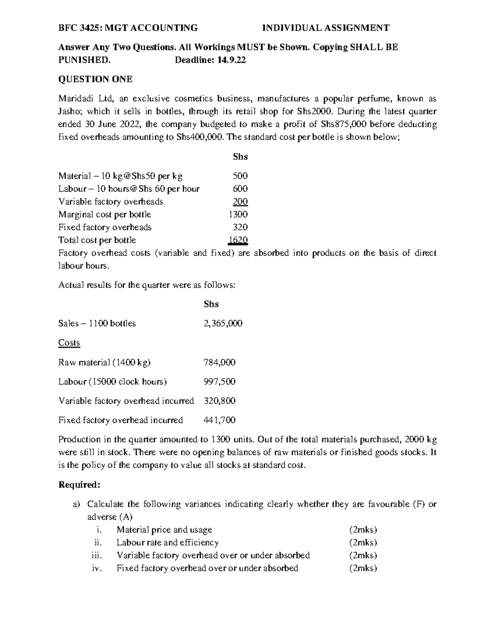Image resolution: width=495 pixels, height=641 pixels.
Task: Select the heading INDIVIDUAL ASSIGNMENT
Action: (326, 28)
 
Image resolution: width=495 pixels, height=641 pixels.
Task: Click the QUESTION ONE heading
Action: (95, 79)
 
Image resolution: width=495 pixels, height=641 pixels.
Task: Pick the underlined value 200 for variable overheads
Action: (240, 201)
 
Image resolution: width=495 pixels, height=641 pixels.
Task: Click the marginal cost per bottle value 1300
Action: (238, 214)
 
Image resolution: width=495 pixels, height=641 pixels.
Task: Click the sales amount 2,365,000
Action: (223, 324)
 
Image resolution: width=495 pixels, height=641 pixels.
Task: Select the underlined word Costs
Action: (69, 343)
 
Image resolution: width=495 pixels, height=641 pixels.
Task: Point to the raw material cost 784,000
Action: (219, 362)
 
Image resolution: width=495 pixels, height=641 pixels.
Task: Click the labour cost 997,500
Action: (219, 382)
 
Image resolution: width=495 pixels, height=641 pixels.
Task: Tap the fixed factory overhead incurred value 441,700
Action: (219, 420)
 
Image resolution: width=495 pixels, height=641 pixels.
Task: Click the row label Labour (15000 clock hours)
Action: (113, 382)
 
